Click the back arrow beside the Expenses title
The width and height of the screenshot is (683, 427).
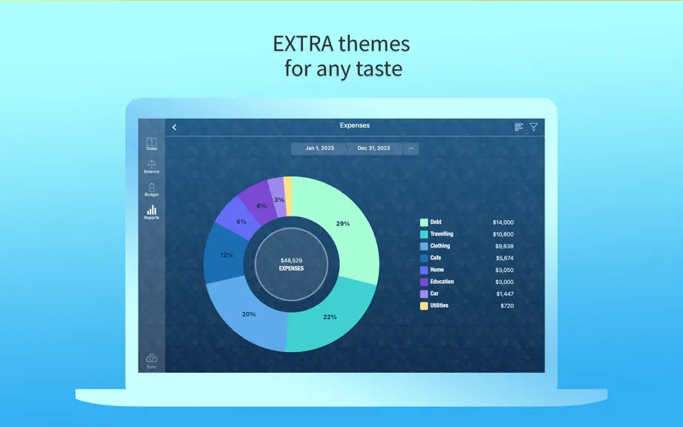coord(174,128)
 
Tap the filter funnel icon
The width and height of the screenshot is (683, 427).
coord(533,128)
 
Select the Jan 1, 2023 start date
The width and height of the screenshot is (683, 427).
coord(319,148)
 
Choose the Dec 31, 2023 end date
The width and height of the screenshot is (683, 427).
coord(374,148)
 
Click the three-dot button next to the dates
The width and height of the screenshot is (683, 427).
coord(410,148)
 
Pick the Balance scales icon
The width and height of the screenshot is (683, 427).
coord(152,165)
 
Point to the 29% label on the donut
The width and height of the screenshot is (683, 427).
coord(343,224)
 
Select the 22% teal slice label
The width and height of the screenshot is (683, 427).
coord(330,317)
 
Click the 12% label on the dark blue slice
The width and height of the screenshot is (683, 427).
coord(227,255)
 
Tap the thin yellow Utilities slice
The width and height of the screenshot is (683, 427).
coord(287,196)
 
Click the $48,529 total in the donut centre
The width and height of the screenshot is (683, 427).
coord(291,260)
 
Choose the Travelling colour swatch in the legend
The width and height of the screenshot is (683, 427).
coord(424,234)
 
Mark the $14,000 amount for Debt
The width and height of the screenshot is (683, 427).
coord(503,222)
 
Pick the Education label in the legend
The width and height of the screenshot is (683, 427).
coord(442,282)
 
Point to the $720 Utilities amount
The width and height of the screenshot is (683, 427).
coord(507,306)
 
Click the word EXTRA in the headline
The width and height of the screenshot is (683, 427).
coord(303,44)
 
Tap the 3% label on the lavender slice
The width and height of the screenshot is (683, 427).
coord(279,199)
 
